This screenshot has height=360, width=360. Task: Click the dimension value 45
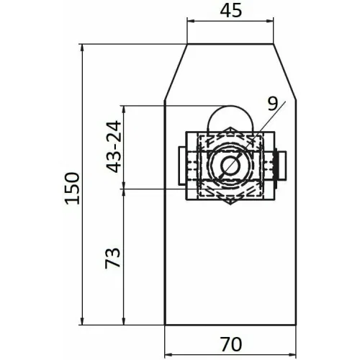tap(231, 11)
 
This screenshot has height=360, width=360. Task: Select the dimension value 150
tap(72, 189)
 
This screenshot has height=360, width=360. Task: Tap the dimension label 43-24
tap(114, 147)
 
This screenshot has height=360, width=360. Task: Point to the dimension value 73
tap(112, 258)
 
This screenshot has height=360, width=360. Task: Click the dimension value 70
tap(231, 344)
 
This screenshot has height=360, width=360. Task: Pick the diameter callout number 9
tap(273, 104)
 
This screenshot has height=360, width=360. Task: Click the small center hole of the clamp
tap(230, 166)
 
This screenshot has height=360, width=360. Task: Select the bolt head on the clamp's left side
tap(181, 166)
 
